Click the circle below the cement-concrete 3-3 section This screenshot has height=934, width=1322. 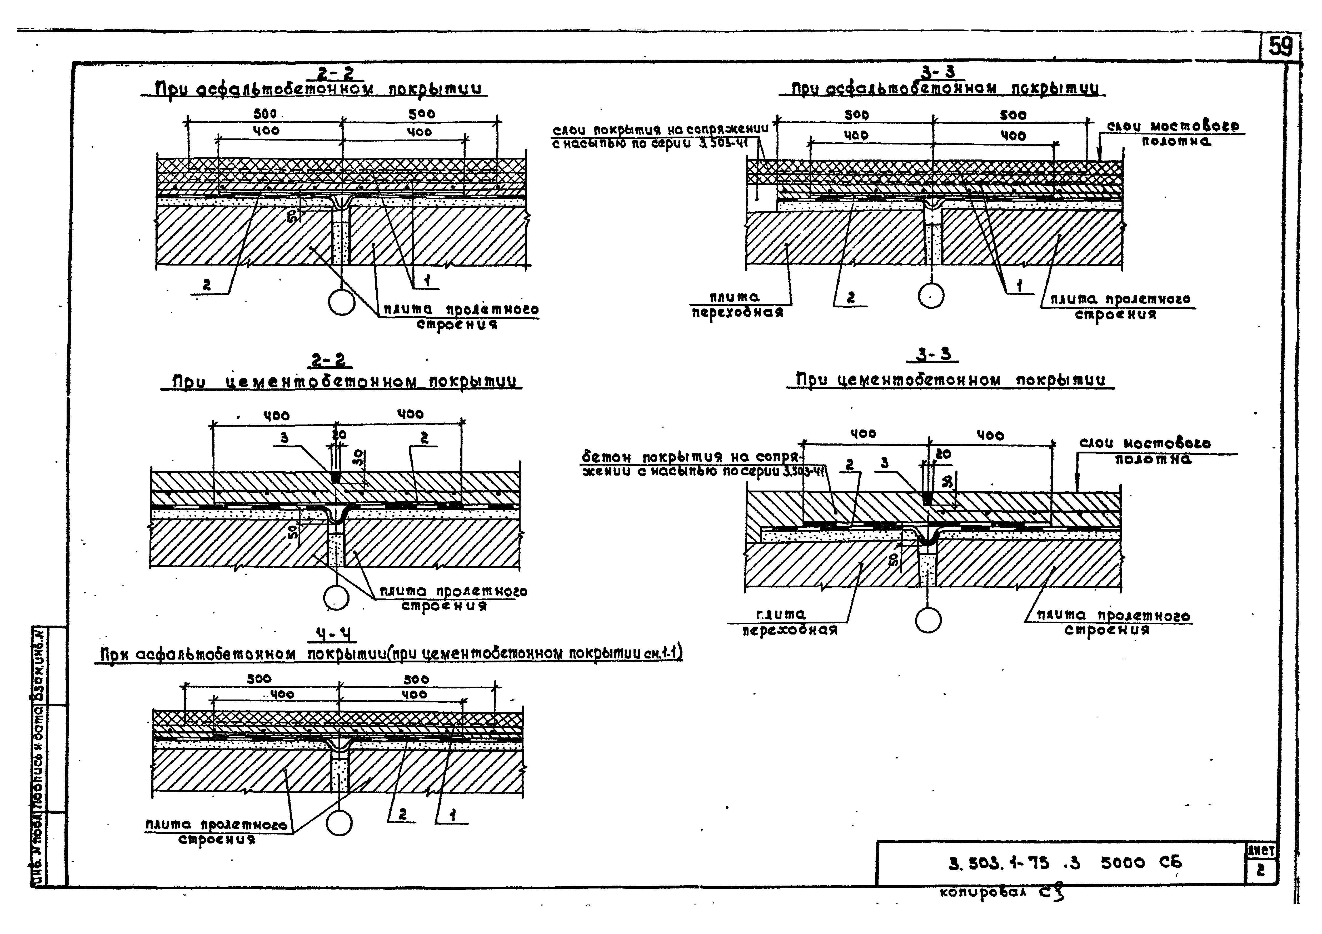(928, 620)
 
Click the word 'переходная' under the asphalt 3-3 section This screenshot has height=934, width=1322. (737, 313)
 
